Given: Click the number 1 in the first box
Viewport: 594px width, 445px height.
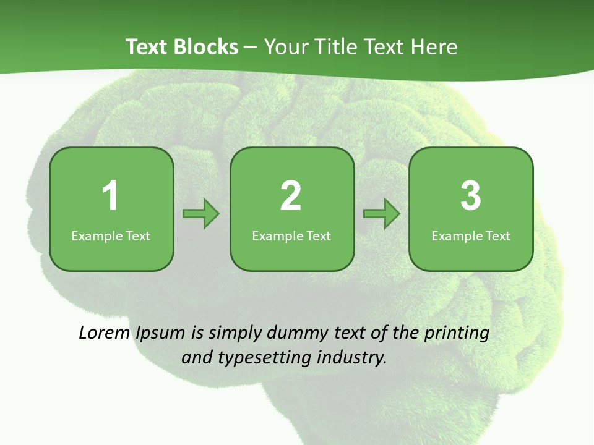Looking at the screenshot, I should pyautogui.click(x=110, y=196).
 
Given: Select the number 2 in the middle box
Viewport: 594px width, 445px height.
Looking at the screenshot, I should pyautogui.click(x=291, y=196).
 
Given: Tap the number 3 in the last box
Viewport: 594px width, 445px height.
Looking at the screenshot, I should pyautogui.click(x=471, y=196).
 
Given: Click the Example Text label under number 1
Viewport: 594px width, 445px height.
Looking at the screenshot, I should pyautogui.click(x=111, y=235).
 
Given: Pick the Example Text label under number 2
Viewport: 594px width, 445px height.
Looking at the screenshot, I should pyautogui.click(x=291, y=235).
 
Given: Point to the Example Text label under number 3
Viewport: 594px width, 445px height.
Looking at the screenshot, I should pyautogui.click(x=471, y=235).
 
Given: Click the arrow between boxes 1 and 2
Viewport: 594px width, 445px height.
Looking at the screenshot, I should pyautogui.click(x=201, y=214).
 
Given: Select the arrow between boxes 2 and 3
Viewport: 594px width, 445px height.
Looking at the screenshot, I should pyautogui.click(x=382, y=214).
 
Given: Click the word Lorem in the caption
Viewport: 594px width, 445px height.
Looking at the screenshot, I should pyautogui.click(x=103, y=333).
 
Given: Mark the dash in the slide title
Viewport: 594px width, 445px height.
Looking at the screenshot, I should pyautogui.click(x=251, y=47).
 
